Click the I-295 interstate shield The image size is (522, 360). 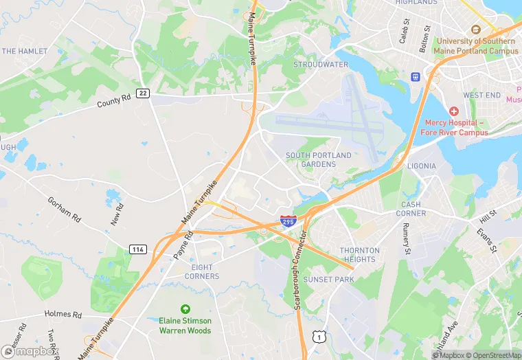[x=288, y=221]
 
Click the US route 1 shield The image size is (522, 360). [x=318, y=337]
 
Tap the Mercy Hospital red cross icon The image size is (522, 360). [x=453, y=111]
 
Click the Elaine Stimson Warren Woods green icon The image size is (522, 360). [x=185, y=309]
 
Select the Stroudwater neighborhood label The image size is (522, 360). [x=321, y=65]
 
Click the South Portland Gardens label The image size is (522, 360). [x=319, y=160]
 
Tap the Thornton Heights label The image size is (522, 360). [x=358, y=255]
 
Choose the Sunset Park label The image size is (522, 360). [x=329, y=280]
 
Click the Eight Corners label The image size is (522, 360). [x=202, y=271]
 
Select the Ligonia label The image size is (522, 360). [x=422, y=166]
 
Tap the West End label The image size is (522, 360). [x=482, y=95]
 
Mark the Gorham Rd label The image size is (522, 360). [x=64, y=209]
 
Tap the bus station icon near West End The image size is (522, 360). [x=415, y=76]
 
